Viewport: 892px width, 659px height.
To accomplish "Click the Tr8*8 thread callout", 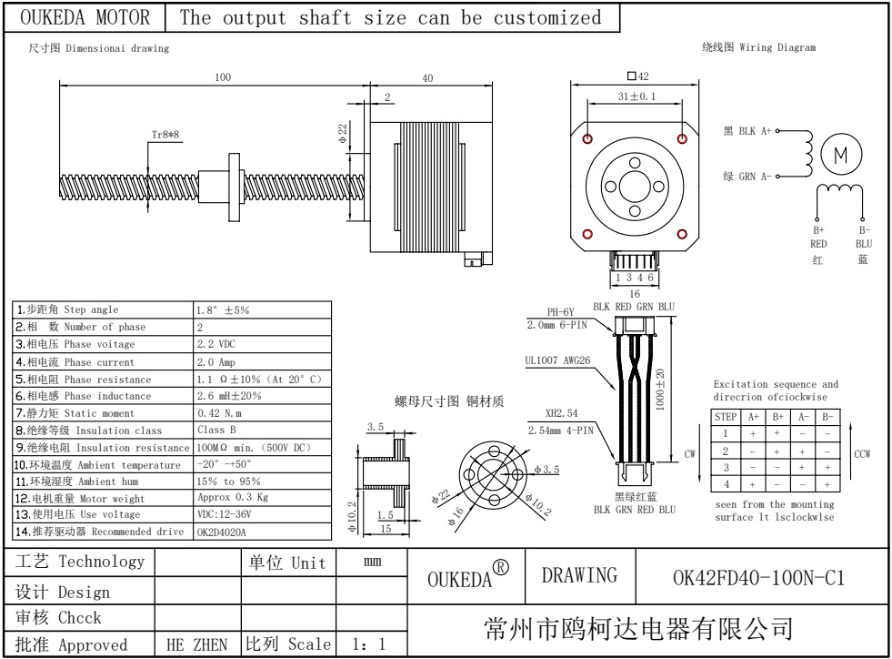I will (165, 134).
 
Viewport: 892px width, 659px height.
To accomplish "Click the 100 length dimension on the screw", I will (223, 77).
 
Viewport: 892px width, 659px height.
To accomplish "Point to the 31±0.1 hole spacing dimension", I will (636, 96).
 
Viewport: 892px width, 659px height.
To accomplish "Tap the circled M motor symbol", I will (841, 155).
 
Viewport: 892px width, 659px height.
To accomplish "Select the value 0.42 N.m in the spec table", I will (220, 413).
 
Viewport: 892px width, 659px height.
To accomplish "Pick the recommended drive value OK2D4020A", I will (221, 532).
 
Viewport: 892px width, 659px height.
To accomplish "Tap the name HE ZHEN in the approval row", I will (197, 644).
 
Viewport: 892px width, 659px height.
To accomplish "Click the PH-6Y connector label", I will (560, 311).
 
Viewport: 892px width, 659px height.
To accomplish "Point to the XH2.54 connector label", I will (562, 412).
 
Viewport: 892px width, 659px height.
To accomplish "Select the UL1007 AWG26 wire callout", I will (557, 360).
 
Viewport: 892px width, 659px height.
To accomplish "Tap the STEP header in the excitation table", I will (726, 417).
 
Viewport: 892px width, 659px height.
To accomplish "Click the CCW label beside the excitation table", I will (862, 453).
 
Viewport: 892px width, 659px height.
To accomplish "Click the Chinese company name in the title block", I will (640, 628).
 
